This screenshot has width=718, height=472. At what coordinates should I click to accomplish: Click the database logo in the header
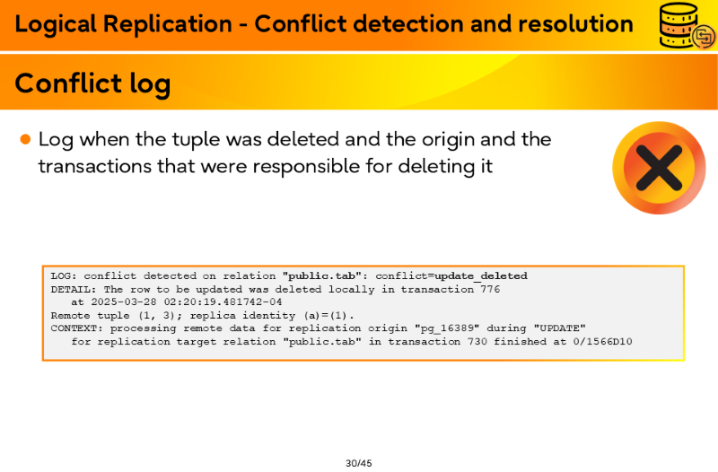pos(687,25)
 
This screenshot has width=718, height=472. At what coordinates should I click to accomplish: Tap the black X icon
pos(659,168)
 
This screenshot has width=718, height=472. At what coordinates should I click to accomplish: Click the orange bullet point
pos(26,139)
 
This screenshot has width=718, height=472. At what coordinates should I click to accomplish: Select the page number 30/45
pos(358,463)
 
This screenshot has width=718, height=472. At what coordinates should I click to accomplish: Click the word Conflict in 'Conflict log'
pos(68,83)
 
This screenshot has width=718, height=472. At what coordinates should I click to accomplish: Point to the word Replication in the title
pos(168,25)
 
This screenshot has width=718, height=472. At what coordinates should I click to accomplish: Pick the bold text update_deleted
pos(481,276)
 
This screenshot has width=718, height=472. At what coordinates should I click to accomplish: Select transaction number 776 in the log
pos(490,289)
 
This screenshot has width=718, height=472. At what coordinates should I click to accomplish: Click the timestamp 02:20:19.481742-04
pos(223,302)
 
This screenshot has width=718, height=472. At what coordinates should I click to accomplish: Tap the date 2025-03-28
pos(124,302)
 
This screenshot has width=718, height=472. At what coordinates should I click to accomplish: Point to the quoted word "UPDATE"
pos(559,328)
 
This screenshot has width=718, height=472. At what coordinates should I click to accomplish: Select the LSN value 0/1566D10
pos(602,342)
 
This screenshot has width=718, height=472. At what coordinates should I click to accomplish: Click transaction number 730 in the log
pos(477,342)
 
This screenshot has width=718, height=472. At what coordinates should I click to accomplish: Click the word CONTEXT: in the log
pos(77,328)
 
